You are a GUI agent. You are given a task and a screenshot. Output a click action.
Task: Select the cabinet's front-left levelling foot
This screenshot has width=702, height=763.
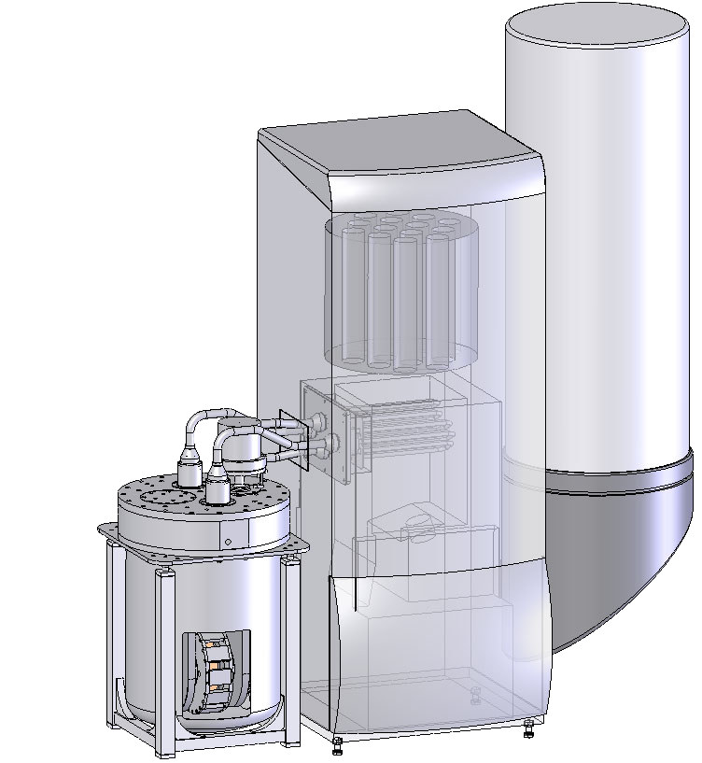point(337,743)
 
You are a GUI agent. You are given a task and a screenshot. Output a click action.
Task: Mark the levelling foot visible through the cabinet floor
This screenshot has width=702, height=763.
point(474,695)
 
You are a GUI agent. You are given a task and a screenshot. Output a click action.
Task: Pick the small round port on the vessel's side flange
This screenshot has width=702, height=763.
point(227,541)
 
